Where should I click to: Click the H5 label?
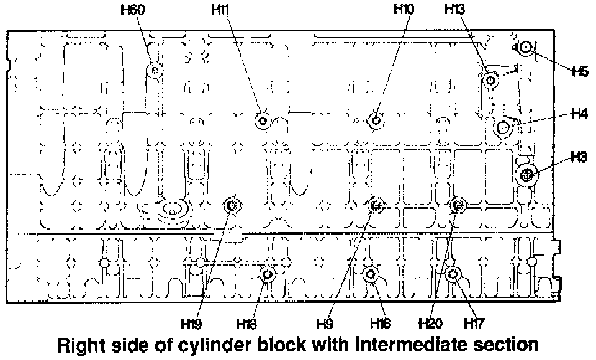point(580,71)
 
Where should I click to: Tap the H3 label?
point(580,158)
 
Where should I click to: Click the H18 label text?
point(246,323)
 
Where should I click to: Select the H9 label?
point(325,323)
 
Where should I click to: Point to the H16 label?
point(380,323)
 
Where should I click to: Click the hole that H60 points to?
point(155,71)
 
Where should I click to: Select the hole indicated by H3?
point(527,175)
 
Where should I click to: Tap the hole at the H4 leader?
point(503,128)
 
